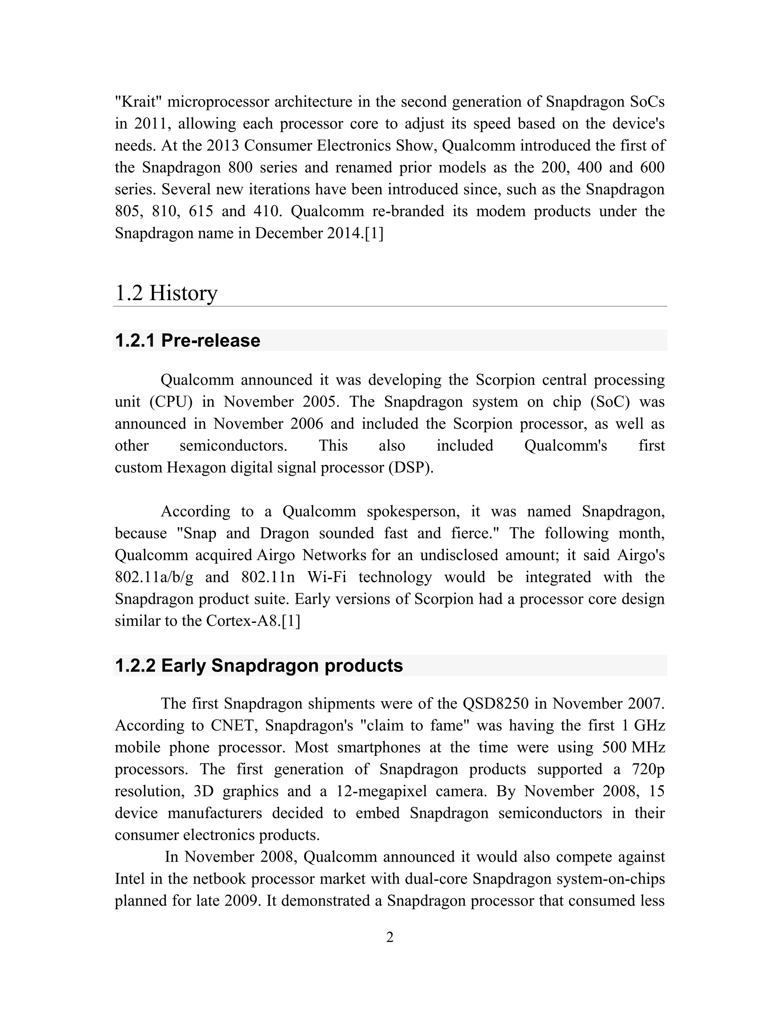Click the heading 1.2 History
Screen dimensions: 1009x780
pyautogui.click(x=166, y=293)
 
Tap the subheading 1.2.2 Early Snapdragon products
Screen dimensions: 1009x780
pyautogui.click(x=259, y=666)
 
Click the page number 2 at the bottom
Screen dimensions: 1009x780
pyautogui.click(x=390, y=937)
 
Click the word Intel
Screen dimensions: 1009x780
pyautogui.click(x=130, y=879)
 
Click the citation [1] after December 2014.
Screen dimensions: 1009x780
pyautogui.click(x=374, y=233)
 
